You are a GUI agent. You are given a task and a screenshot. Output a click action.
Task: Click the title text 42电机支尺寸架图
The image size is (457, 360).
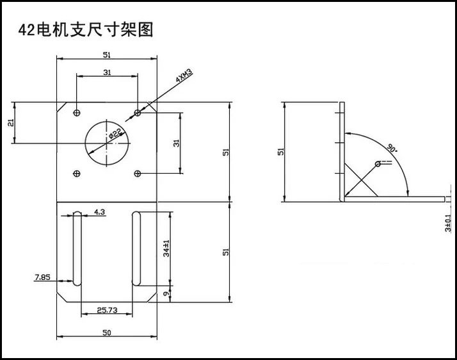pos(86,29)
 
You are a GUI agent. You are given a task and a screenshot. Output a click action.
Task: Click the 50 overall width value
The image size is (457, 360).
pos(107,332)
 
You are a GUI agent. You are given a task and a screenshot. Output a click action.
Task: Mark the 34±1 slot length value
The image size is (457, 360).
pos(166,249)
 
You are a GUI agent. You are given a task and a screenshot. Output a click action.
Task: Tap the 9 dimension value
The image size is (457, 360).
pos(166,294)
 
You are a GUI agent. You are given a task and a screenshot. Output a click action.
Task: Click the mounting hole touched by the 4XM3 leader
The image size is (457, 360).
pos(138,113)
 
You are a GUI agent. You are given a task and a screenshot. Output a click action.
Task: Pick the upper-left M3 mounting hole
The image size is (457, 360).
pos(77,113)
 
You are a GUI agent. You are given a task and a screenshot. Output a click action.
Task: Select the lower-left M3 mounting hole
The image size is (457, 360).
pos(77,173)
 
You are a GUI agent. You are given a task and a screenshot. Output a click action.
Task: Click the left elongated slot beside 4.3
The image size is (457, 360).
pos(76,249)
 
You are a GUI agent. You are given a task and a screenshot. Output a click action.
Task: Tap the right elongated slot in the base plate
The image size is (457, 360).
pos(136,249)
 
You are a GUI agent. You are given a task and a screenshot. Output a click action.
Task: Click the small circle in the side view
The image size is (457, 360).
pos(378,164)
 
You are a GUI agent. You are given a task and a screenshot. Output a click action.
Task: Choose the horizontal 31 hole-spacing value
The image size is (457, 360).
pos(107,72)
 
